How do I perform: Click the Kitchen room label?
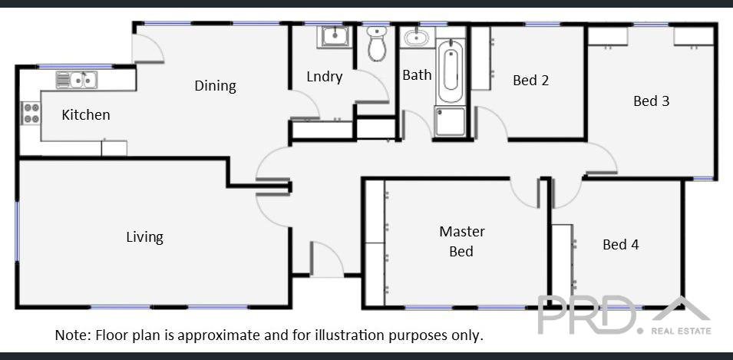click(x=86, y=115)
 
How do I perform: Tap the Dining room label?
click(x=215, y=85)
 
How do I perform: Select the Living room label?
click(x=144, y=237)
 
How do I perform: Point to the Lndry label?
click(x=324, y=77)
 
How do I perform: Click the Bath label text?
click(x=417, y=75)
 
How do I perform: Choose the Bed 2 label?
click(x=530, y=80)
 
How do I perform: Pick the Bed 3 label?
click(x=651, y=101)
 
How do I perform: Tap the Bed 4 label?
click(x=620, y=244)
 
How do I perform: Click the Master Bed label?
click(x=461, y=241)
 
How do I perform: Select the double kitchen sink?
click(x=75, y=79)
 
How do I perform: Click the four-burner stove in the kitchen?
click(x=31, y=114)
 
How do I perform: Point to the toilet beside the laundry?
click(x=376, y=45)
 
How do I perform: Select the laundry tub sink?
click(x=335, y=35)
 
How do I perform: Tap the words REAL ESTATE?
click(x=681, y=332)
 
